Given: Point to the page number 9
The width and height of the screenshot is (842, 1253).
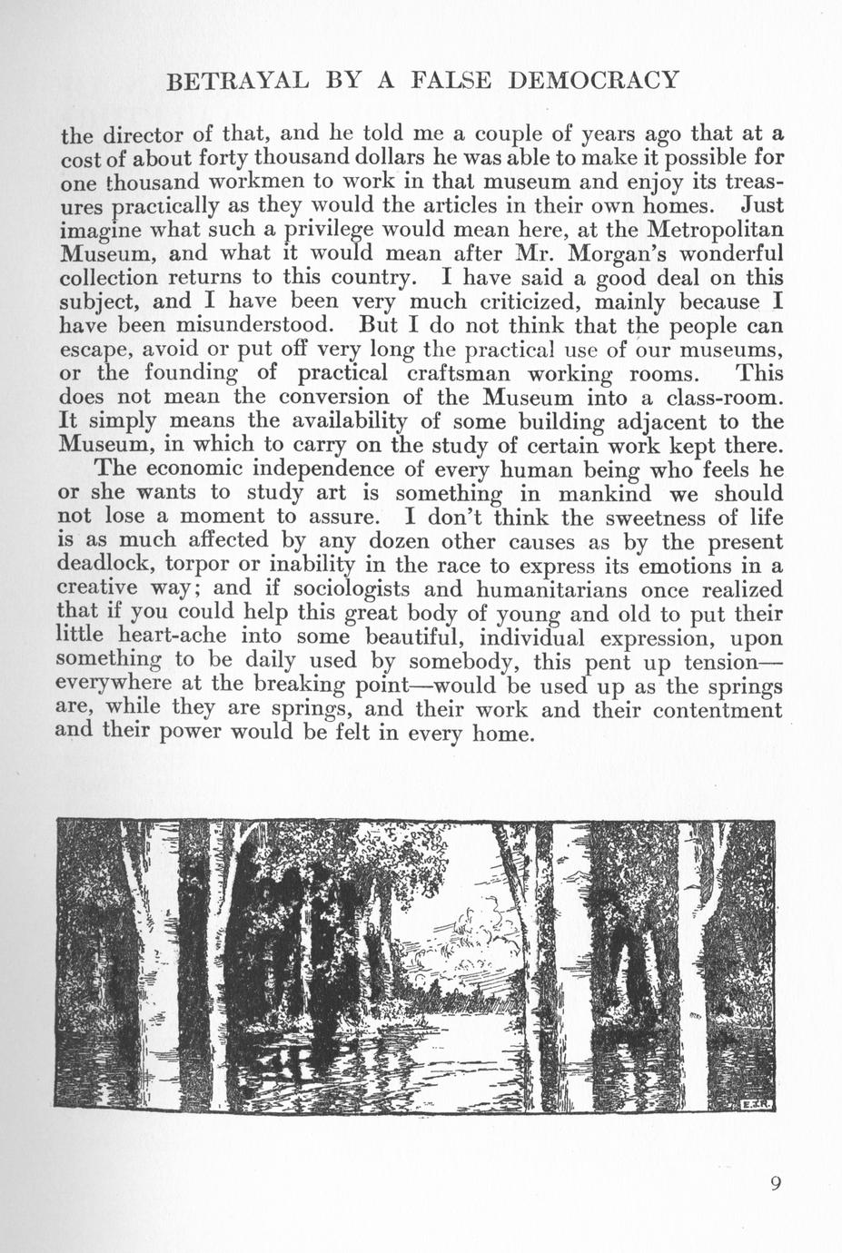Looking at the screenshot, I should [775, 1182].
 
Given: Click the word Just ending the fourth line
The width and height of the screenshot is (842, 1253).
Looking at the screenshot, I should [762, 205].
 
